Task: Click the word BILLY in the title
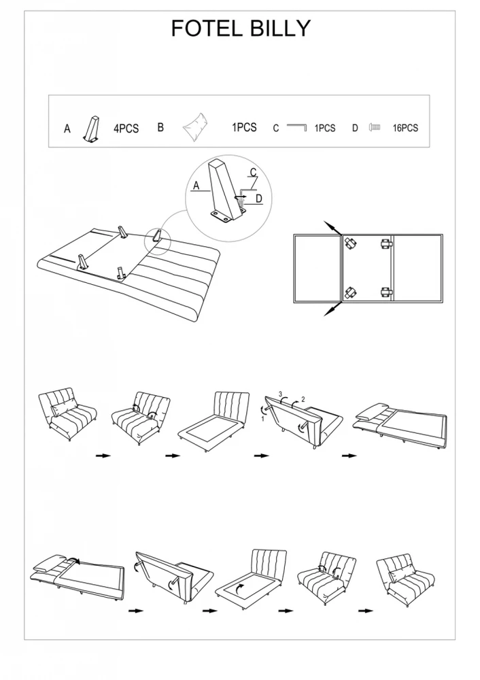click(279, 28)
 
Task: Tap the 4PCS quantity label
click(126, 129)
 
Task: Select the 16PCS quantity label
click(405, 128)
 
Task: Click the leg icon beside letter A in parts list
click(92, 129)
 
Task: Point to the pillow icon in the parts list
click(197, 126)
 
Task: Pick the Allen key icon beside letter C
click(296, 127)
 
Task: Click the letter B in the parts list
click(160, 128)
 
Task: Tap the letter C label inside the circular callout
click(253, 172)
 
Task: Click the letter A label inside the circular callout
click(196, 186)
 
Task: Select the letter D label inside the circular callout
click(259, 199)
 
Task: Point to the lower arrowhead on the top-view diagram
click(330, 311)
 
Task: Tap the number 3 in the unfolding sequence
click(281, 394)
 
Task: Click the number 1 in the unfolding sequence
click(262, 419)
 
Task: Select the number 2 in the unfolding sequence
click(303, 399)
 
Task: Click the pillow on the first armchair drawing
click(64, 408)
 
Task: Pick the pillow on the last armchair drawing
click(402, 575)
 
